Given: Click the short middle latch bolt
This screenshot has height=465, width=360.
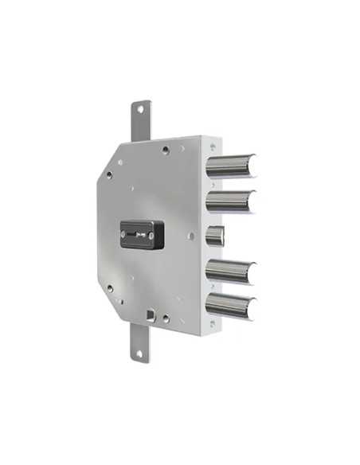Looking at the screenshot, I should [x=215, y=236].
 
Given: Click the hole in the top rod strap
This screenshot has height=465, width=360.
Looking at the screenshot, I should [x=140, y=110].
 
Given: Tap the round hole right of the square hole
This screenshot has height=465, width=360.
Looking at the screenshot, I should [x=165, y=318].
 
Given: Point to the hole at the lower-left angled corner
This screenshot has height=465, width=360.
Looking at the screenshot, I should [x=110, y=288].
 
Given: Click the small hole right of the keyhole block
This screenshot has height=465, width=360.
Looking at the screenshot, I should [x=190, y=236].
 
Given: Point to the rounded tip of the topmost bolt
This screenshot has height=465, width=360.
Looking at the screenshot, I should [x=252, y=165].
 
